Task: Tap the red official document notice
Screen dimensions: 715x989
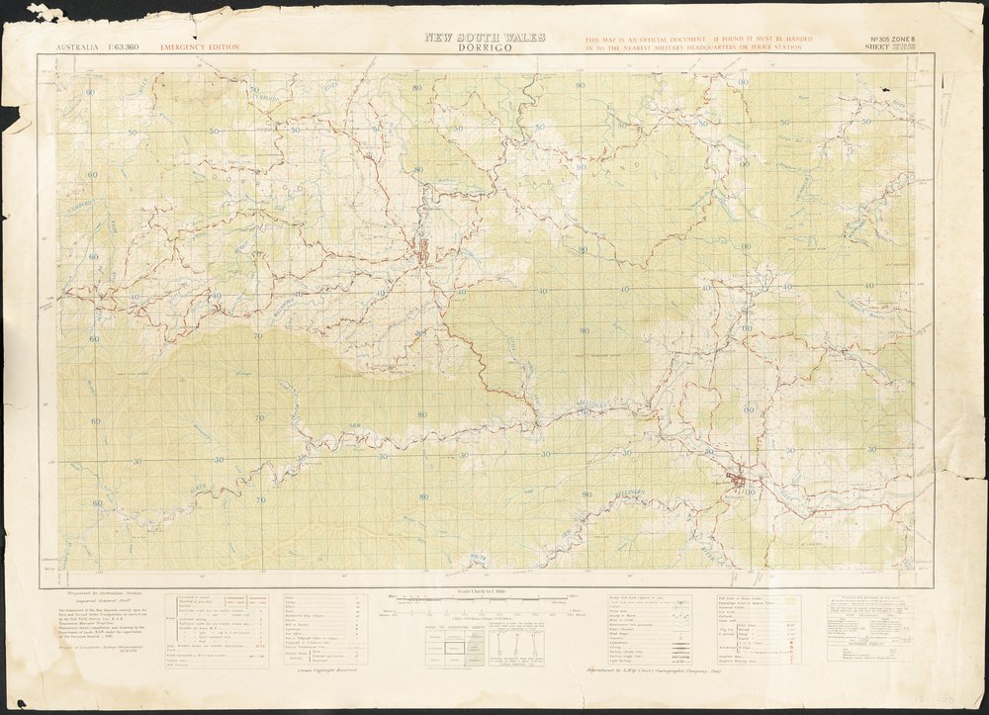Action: coord(698,42)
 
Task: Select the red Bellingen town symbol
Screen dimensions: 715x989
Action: coord(738,481)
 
